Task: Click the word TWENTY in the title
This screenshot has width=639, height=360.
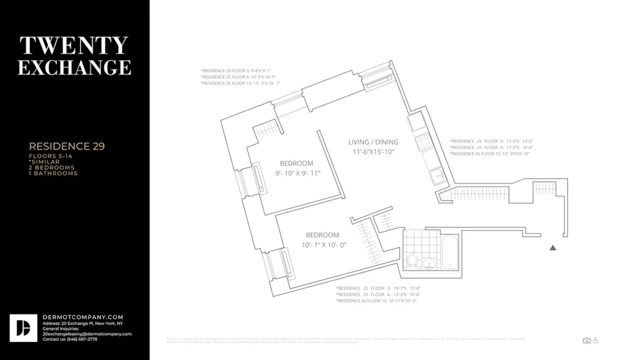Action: point(74,45)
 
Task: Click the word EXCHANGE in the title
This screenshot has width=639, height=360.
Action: point(74,67)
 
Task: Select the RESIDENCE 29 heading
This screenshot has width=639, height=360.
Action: point(66,146)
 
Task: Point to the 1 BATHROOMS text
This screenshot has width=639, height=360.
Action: point(52,173)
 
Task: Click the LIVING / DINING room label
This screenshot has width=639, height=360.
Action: point(373,142)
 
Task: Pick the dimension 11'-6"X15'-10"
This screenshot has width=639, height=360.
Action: point(373,152)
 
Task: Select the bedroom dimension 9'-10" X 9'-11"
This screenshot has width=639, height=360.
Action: point(297,173)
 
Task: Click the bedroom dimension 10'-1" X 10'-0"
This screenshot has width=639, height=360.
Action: point(323,245)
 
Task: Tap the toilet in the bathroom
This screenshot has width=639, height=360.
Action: point(413,260)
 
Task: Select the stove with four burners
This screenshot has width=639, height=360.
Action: point(423,141)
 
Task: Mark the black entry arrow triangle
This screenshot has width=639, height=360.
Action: point(553,247)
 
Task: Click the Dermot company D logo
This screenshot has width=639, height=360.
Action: point(23,328)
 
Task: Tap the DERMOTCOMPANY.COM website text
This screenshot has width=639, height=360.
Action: point(82,317)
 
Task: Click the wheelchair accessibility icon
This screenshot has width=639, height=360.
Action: point(596,340)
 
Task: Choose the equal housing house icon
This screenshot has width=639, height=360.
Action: point(587,340)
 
